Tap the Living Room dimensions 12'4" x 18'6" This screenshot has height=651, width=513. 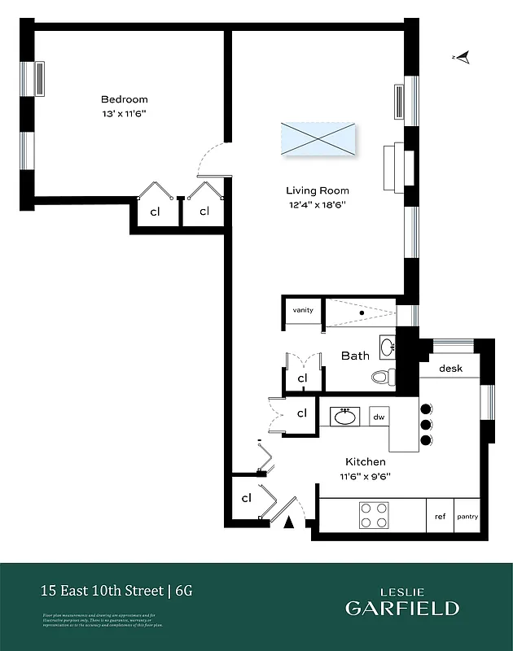click(x=317, y=205)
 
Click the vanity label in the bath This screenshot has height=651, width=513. click(x=303, y=310)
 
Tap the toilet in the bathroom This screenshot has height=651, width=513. click(x=382, y=377)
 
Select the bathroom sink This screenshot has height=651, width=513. click(x=387, y=345)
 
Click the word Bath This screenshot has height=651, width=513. click(x=355, y=356)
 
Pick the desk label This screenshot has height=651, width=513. click(x=450, y=369)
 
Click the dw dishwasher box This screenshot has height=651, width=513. click(x=379, y=417)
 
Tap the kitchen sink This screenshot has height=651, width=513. click(x=344, y=417)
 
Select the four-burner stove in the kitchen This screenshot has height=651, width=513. click(x=373, y=515)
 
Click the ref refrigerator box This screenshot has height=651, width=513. click(x=440, y=516)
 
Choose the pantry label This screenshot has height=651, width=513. click(x=467, y=516)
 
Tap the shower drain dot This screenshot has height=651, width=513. click(x=362, y=312)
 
